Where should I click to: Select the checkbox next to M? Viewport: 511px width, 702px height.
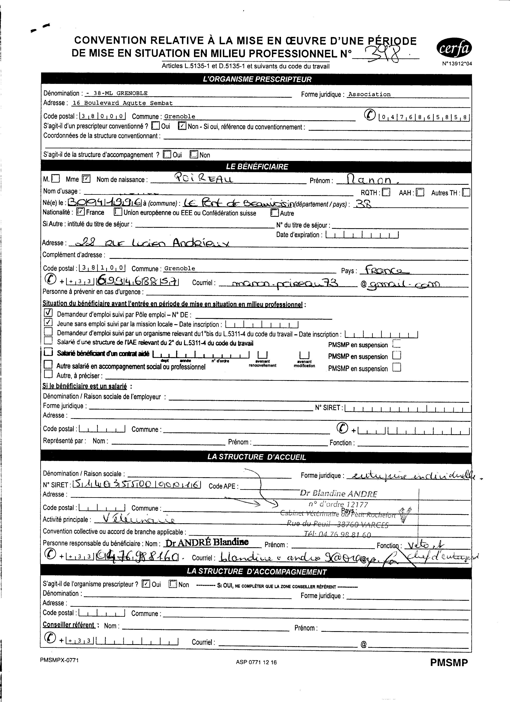pyautogui.click(x=56, y=179)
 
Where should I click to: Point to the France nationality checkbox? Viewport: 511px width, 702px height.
pyautogui.click(x=81, y=212)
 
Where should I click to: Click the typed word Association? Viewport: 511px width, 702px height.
pyautogui.click(x=369, y=94)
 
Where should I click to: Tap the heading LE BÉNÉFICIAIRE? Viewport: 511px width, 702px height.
pyautogui.click(x=257, y=167)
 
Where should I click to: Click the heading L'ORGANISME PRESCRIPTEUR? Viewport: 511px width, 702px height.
pyautogui.click(x=257, y=79)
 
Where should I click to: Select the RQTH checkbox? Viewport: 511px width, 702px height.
pyautogui.click(x=386, y=193)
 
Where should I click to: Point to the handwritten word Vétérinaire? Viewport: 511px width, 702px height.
pyautogui.click(x=134, y=520)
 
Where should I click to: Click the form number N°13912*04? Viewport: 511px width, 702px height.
pyautogui.click(x=457, y=64)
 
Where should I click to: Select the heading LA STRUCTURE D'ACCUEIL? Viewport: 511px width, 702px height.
pyautogui.click(x=257, y=457)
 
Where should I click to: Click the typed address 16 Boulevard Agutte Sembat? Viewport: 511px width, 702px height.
pyautogui.click(x=122, y=103)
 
